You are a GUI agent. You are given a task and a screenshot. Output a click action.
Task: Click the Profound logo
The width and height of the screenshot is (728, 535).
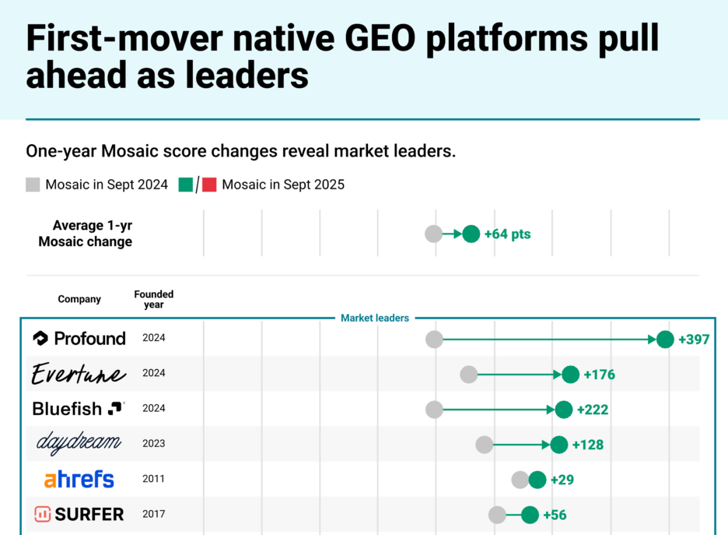(79, 339)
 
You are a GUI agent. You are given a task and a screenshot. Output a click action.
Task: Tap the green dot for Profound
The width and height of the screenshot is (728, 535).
(665, 339)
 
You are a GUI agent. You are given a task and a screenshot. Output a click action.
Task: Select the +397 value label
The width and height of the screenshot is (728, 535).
(694, 340)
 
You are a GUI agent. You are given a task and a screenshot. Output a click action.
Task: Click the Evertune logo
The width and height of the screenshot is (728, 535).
(78, 375)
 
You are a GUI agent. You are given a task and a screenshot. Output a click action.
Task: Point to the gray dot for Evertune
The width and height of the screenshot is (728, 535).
(468, 375)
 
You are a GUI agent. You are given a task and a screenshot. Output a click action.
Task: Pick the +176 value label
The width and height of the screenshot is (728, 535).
(599, 375)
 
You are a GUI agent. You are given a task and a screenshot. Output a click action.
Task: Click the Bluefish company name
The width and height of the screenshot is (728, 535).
(68, 409)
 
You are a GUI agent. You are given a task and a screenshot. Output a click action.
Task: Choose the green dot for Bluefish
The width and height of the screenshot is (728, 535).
(564, 410)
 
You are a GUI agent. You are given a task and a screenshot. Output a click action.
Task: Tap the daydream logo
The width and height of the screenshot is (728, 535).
(79, 444)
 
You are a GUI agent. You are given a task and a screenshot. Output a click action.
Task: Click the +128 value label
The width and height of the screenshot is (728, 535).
(587, 445)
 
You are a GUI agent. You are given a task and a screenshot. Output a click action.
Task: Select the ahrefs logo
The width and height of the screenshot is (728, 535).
(79, 480)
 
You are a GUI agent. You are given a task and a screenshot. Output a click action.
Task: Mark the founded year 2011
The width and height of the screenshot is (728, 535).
(154, 480)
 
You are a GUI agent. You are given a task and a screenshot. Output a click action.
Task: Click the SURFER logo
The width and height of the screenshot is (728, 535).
(79, 515)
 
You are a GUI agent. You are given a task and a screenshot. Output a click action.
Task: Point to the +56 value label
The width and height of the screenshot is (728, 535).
(555, 516)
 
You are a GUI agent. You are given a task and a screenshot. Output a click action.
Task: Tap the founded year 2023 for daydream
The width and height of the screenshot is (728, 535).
(154, 444)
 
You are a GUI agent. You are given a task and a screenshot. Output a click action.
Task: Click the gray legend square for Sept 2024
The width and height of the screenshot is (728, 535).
(33, 185)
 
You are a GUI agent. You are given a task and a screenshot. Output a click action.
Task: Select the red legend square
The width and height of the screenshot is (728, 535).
(209, 185)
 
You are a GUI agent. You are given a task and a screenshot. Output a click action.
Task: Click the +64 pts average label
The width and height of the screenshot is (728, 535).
(507, 234)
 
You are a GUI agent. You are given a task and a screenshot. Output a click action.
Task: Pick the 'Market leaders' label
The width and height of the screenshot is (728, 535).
(375, 318)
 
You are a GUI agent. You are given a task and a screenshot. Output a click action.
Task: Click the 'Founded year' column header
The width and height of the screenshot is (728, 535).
(154, 299)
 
